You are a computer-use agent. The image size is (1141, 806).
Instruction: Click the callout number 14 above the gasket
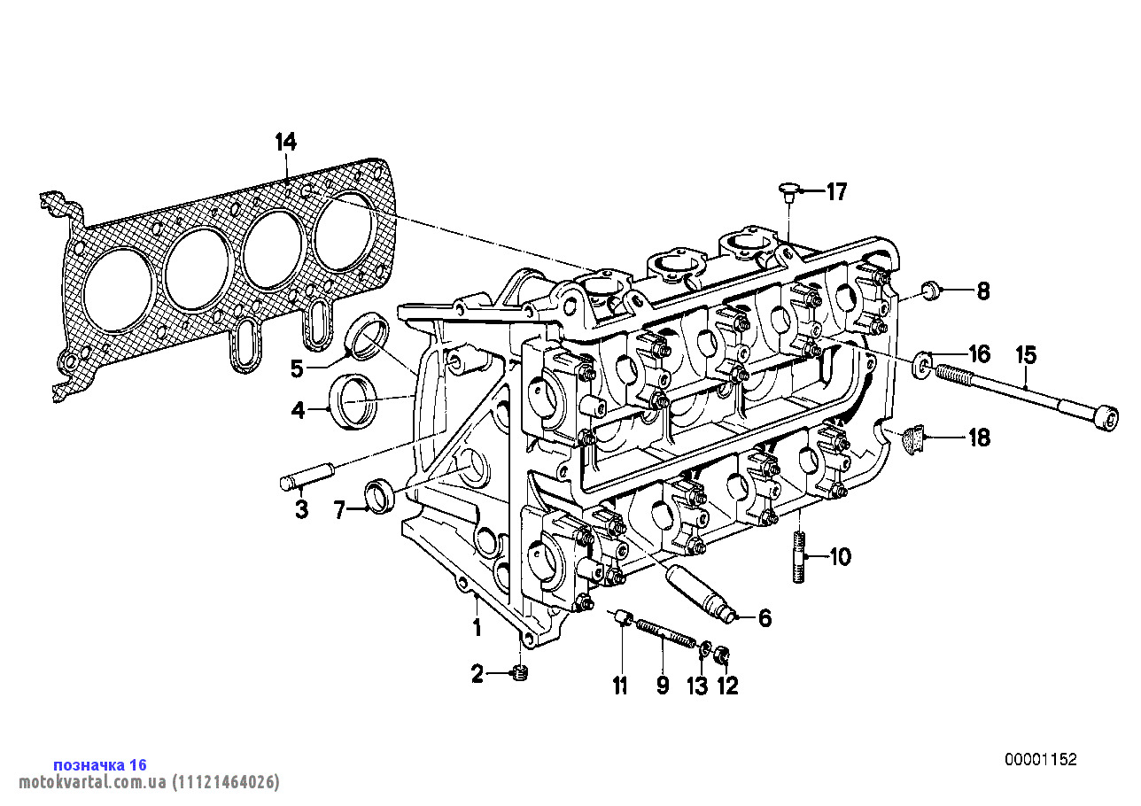[285, 142]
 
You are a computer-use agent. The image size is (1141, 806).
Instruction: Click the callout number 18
[979, 438]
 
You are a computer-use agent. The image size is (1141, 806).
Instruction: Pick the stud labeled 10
[799, 556]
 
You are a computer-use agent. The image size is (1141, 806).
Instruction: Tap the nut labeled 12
[722, 656]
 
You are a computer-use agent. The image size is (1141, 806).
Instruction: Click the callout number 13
[698, 686]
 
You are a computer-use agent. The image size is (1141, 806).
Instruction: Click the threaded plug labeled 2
[521, 675]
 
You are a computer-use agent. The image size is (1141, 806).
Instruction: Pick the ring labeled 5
[367, 337]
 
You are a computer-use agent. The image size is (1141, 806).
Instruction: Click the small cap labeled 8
[930, 290]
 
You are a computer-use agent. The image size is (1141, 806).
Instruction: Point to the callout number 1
[477, 629]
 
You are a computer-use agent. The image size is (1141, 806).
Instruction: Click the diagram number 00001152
[1041, 759]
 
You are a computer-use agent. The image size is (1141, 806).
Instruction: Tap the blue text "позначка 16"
[100, 764]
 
